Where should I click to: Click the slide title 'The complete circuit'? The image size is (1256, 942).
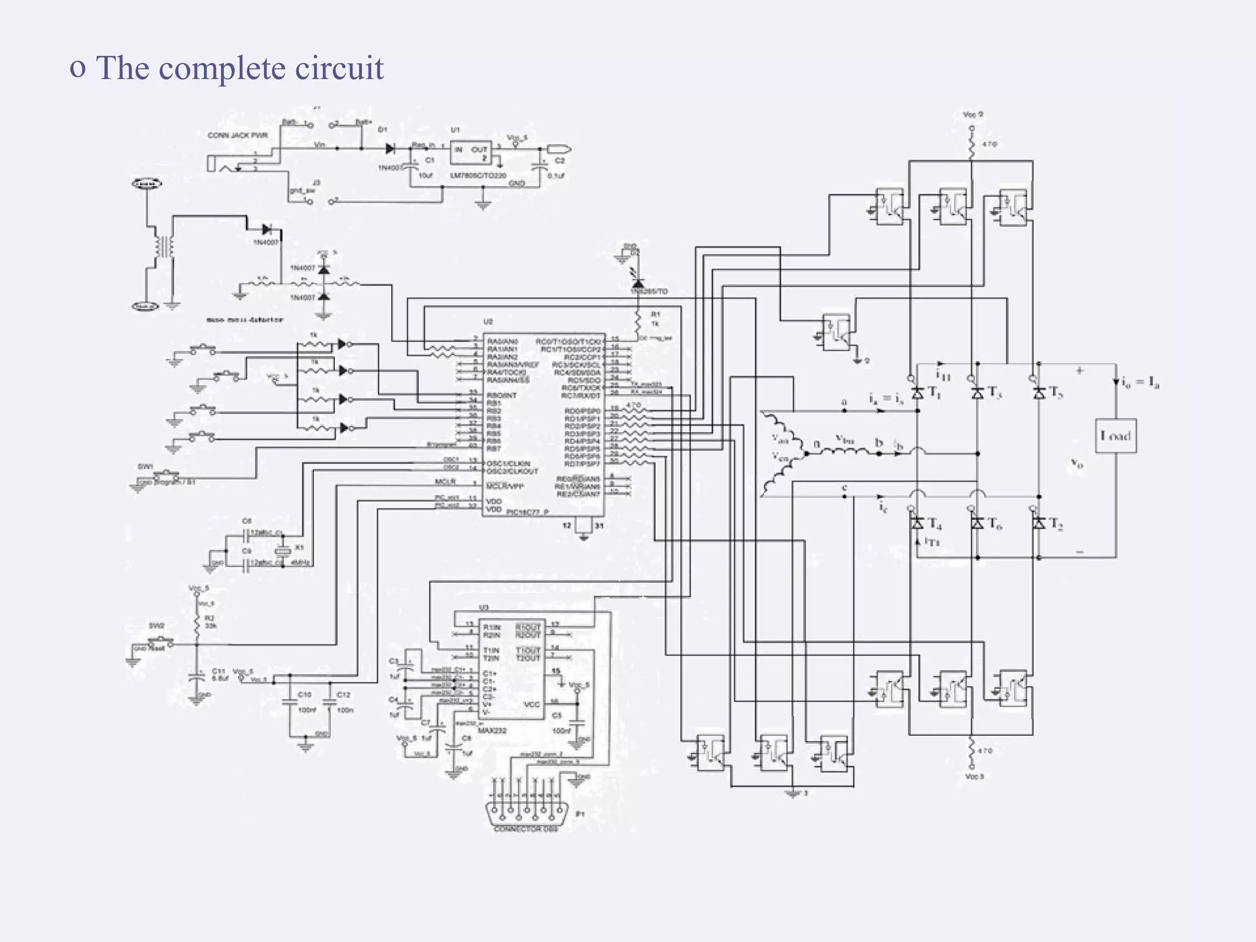click(239, 67)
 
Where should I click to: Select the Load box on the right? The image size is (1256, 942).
click(1116, 436)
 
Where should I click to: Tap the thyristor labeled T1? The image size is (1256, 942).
click(917, 393)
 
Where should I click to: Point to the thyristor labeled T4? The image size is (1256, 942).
click(917, 523)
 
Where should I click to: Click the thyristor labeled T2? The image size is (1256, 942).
click(1039, 523)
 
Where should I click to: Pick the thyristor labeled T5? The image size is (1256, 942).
click(1039, 393)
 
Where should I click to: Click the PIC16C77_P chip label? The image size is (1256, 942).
click(527, 511)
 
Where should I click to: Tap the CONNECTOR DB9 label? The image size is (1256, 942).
click(526, 829)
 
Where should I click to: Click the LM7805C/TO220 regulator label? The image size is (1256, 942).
click(478, 175)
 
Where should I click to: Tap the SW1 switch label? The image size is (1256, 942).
click(145, 467)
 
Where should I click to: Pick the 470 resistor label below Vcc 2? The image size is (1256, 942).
click(989, 145)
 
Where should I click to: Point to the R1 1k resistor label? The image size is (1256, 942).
click(655, 319)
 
